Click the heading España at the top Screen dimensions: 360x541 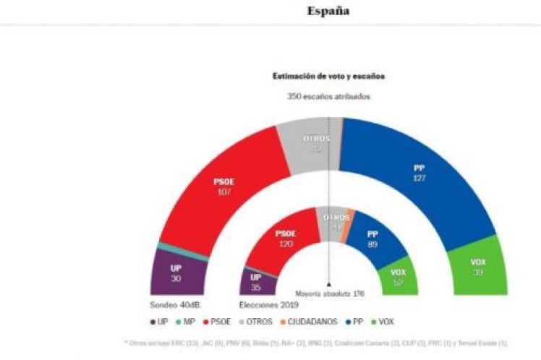[328, 11]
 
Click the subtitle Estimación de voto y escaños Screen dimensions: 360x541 [328, 76]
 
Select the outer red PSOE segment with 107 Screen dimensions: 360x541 [223, 188]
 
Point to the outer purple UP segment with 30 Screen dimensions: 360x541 [176, 273]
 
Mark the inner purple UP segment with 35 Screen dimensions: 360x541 [255, 280]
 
